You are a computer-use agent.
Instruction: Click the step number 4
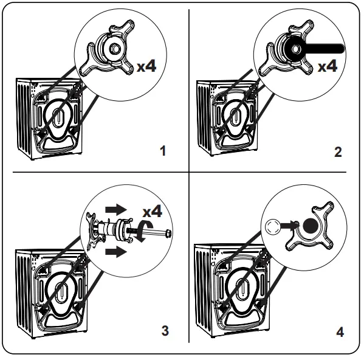pyautogui.click(x=339, y=331)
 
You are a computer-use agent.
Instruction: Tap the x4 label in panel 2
pyautogui.click(x=328, y=66)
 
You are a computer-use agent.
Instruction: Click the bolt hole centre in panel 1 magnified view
pyautogui.click(x=114, y=49)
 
